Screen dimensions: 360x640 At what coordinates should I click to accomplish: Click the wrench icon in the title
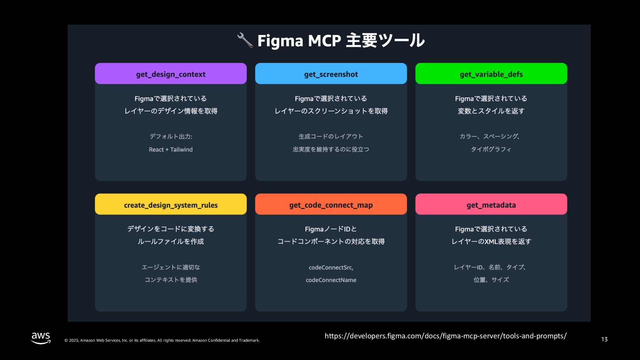(x=245, y=40)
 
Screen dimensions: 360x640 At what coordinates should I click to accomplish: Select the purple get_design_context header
(x=171, y=74)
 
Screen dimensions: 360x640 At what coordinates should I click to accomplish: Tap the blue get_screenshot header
(x=331, y=74)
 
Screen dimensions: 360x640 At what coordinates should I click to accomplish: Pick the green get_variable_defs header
(x=491, y=74)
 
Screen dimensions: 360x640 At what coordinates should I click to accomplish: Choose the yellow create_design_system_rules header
(x=171, y=204)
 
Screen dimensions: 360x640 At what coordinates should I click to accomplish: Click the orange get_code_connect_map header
(x=331, y=204)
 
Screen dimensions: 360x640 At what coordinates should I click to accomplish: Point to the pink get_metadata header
(x=491, y=204)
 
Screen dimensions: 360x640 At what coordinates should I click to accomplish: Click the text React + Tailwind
(x=171, y=150)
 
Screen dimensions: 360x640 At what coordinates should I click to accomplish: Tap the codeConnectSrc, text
(x=331, y=267)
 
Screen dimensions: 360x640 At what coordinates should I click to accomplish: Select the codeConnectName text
(x=331, y=280)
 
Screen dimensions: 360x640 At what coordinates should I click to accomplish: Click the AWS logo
(x=41, y=338)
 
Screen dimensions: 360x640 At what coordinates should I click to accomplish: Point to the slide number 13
(x=604, y=339)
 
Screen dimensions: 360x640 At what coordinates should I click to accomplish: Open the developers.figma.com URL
(x=445, y=336)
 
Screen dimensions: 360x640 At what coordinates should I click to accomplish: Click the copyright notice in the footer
(x=162, y=340)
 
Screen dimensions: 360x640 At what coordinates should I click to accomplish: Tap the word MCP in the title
(x=324, y=41)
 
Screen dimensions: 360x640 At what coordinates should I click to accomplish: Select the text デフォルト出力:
(x=171, y=136)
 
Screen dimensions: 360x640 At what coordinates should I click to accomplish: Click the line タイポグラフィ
(x=491, y=149)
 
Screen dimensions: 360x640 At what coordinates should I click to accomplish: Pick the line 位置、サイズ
(x=491, y=280)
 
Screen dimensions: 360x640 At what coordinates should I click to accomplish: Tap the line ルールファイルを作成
(x=171, y=241)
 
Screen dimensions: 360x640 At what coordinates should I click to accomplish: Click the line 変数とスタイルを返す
(x=491, y=111)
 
